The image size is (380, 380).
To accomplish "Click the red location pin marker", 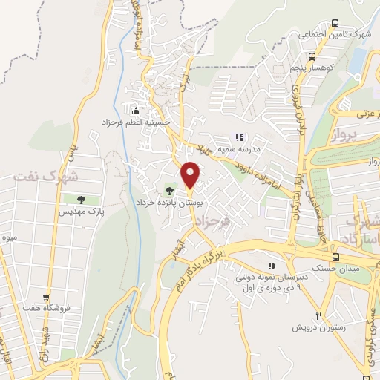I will point(191,174).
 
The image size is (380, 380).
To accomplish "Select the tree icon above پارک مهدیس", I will point(80,199).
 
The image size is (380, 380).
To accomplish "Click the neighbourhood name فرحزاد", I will point(227,220).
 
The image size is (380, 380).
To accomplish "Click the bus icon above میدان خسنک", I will point(336,258).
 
